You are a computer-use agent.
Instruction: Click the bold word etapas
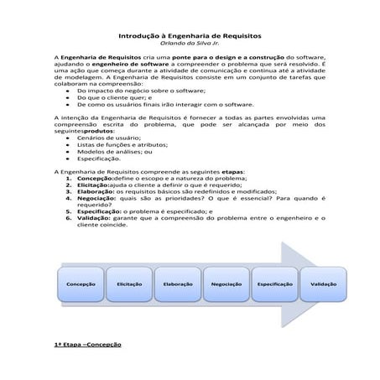click(x=228, y=169)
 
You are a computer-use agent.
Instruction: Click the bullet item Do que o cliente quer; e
click(x=107, y=96)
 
